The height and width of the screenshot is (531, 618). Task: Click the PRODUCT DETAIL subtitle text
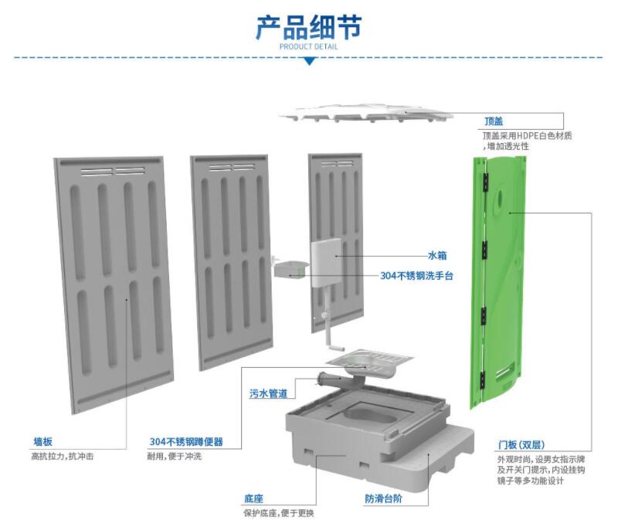[x=308, y=46]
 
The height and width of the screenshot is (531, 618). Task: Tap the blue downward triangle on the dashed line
[x=308, y=60]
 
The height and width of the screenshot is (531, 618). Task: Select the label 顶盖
[x=494, y=121]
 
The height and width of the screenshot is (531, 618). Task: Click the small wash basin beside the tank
[x=288, y=267]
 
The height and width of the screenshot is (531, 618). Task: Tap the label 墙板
[x=42, y=442]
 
